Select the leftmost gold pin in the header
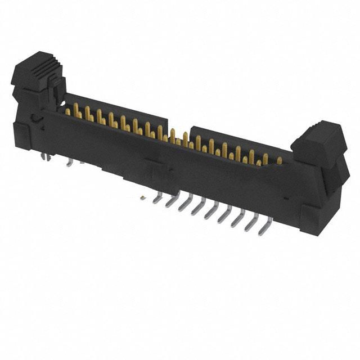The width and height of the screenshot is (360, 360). coord(68,112)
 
